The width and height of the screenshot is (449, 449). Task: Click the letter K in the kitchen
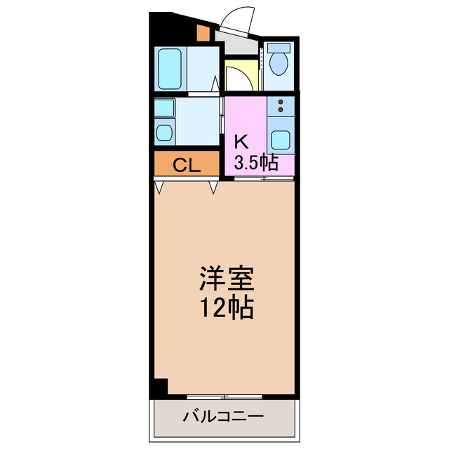(x=240, y=140)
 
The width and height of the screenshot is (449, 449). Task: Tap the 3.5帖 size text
(x=255, y=163)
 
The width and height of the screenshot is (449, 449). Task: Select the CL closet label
(x=187, y=166)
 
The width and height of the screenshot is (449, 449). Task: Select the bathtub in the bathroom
(x=171, y=69)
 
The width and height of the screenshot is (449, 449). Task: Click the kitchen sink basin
(x=281, y=138)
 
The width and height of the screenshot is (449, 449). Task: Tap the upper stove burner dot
(x=281, y=102)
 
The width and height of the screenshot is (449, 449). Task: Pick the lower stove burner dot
(x=281, y=110)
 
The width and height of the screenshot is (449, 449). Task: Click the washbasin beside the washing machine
(x=164, y=133)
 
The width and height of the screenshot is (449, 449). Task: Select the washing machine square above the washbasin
(x=164, y=108)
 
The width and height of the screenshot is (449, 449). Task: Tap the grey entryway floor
(x=237, y=43)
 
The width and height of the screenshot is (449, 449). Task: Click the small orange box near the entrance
(x=203, y=32)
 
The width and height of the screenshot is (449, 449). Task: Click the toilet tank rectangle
(x=280, y=49)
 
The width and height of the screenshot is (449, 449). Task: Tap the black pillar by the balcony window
(x=161, y=387)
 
